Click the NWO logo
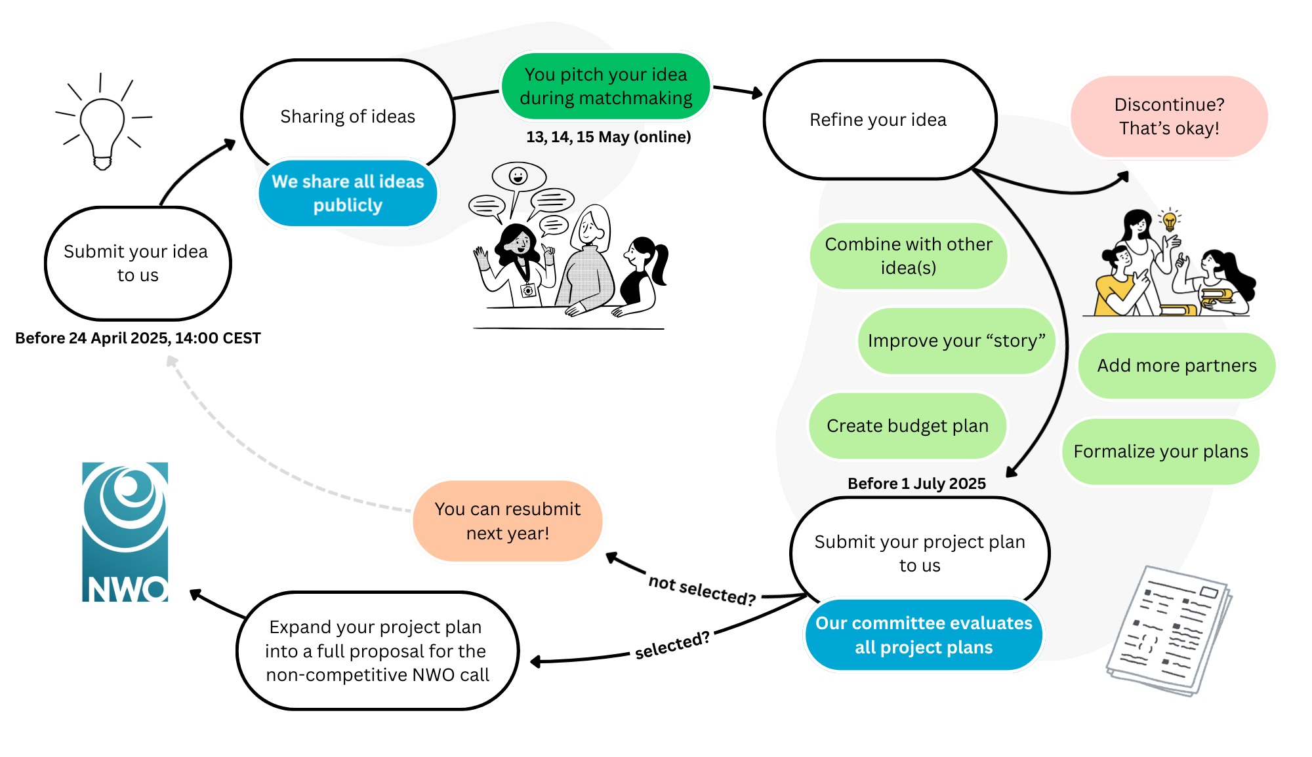point(125,532)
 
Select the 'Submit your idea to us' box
point(138,263)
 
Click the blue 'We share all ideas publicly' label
point(348,193)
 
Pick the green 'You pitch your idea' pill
point(605,87)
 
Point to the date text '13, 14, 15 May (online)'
point(608,137)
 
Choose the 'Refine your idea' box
point(879,120)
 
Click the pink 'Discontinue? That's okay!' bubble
point(1169,117)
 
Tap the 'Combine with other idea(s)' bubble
point(909,256)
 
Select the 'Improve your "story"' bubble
point(956,341)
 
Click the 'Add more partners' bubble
point(1177,366)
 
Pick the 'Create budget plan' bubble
point(907,426)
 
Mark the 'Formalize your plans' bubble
point(1160,452)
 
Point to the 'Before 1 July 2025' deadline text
point(916,484)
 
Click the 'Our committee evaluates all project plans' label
point(924,635)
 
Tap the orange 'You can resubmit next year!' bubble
point(507,521)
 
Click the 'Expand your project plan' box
point(377,651)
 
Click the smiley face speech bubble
point(518,176)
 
